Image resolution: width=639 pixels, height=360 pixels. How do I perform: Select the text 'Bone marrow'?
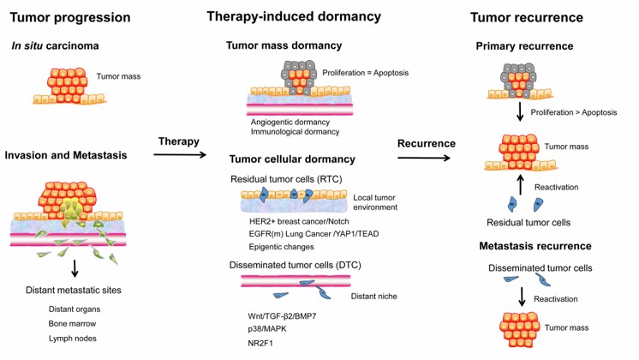coord(73,325)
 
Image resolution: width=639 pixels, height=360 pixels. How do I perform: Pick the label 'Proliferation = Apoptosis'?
coord(373,72)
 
